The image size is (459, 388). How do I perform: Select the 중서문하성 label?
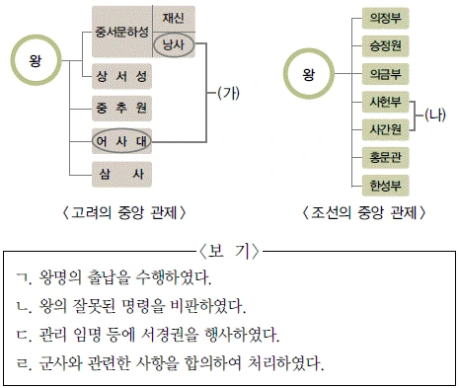(x=121, y=33)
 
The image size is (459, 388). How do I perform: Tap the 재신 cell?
(x=174, y=18)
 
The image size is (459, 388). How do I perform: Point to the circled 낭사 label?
(x=174, y=44)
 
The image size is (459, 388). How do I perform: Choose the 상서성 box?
(x=121, y=77)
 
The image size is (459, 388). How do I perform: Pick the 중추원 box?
(x=121, y=109)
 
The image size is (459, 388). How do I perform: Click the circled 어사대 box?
(x=121, y=141)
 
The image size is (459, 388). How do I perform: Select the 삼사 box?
(x=121, y=174)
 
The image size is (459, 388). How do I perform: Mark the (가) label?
(x=228, y=93)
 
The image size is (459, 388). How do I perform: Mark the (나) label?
(x=435, y=115)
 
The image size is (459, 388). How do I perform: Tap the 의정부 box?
(x=385, y=18)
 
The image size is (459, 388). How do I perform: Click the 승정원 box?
(x=385, y=46)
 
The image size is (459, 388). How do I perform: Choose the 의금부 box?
(x=385, y=74)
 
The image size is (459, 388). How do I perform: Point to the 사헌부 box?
(x=385, y=102)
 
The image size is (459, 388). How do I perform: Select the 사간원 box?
(x=385, y=129)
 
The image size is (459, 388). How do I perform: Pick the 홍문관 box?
(x=385, y=158)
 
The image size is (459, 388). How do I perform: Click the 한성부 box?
(x=385, y=186)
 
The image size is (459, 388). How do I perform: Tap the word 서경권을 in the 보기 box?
(x=170, y=335)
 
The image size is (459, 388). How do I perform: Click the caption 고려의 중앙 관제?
(x=124, y=212)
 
